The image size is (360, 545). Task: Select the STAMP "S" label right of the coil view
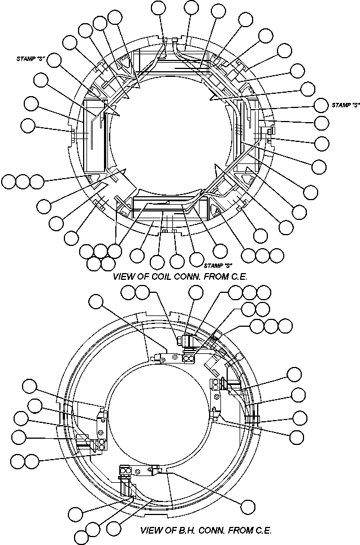[x=345, y=105]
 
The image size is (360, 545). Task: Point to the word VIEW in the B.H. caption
[x=152, y=531]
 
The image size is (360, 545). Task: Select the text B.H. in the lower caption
[x=185, y=531]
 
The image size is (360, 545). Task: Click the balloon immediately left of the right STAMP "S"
[x=320, y=105]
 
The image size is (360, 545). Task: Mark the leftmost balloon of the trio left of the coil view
[x=9, y=182]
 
